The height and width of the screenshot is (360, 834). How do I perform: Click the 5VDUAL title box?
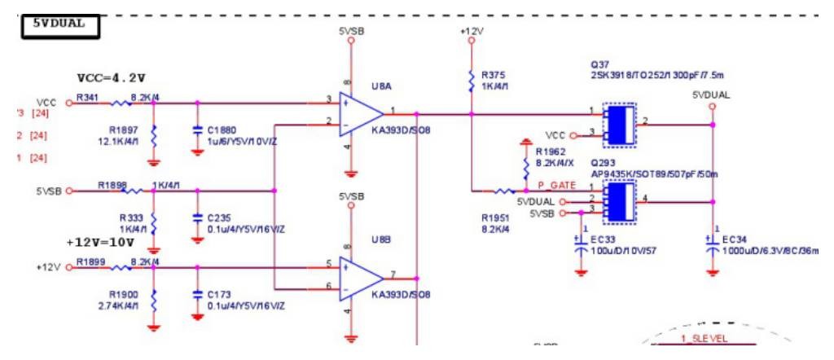(x=59, y=25)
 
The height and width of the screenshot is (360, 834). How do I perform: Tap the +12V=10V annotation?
(x=99, y=243)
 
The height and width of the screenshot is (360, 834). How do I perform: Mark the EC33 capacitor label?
(x=604, y=239)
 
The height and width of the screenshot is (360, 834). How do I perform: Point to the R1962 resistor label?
(x=551, y=151)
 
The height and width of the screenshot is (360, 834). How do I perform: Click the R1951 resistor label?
(x=494, y=218)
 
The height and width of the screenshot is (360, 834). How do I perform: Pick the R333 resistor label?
(x=130, y=217)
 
